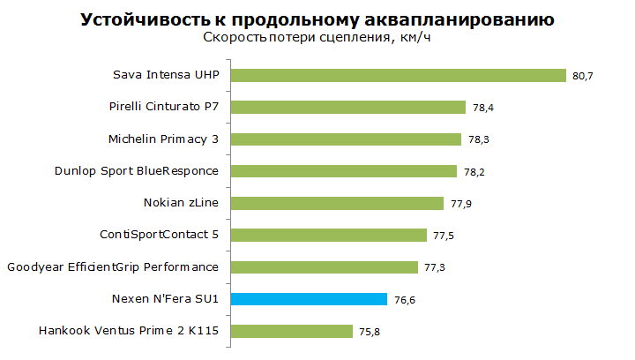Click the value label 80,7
[582, 76]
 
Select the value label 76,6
[405, 300]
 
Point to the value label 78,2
[474, 172]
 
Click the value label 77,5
[444, 236]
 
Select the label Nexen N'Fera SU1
[165, 299]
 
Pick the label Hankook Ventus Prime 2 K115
[129, 331]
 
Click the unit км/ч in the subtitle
[415, 38]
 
